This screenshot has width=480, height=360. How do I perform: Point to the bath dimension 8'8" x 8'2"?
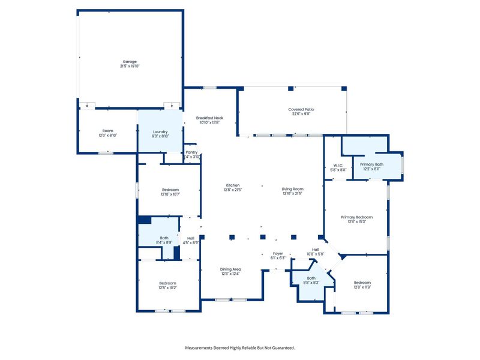311,283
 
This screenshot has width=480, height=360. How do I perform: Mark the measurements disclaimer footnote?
240,347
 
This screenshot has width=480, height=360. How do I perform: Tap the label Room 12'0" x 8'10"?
107,133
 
